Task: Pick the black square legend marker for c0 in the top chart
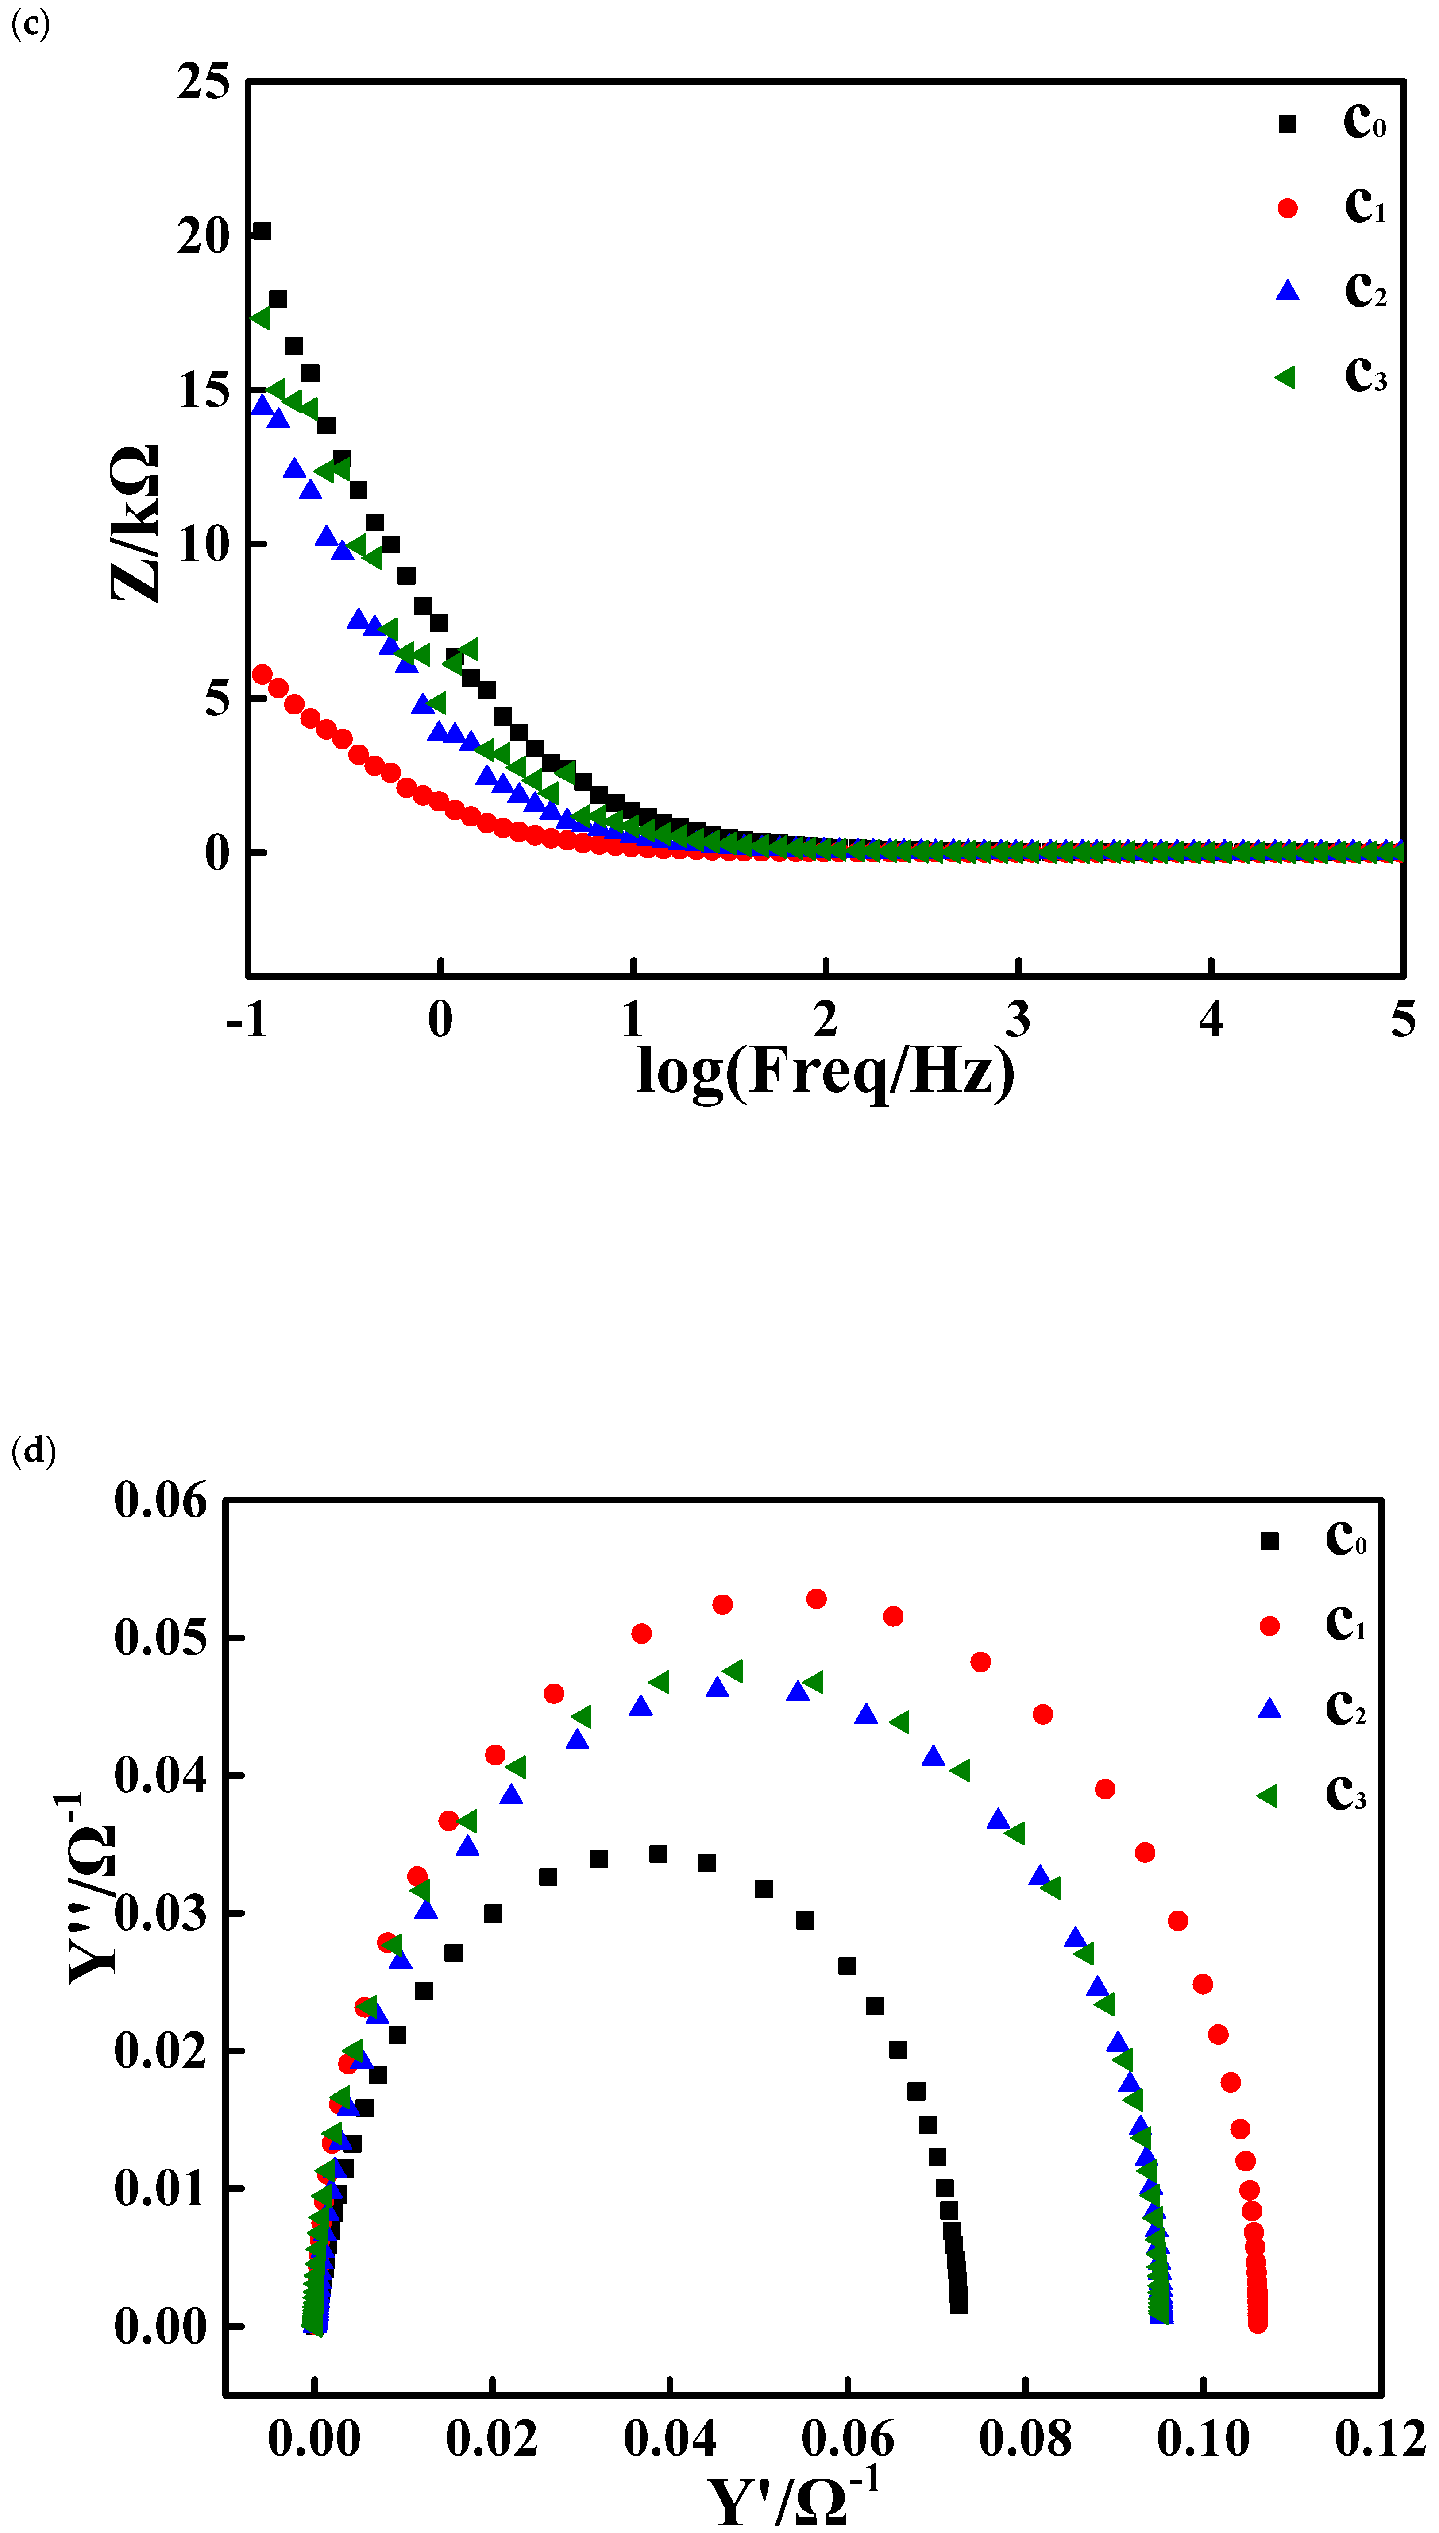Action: [x=1287, y=124]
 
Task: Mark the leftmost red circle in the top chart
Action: [x=262, y=674]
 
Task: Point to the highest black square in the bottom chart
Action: [x=658, y=1854]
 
